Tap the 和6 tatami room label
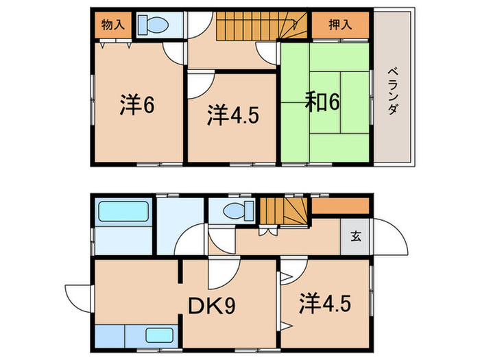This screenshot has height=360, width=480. pyautogui.click(x=322, y=103)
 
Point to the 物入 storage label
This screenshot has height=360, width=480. pyautogui.click(x=112, y=25)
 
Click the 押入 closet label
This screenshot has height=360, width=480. pyautogui.click(x=341, y=25)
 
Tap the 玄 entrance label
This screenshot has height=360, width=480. pyautogui.click(x=357, y=237)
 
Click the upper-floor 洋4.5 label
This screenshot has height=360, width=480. pyautogui.click(x=233, y=115)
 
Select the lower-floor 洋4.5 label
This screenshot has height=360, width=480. pyautogui.click(x=326, y=302)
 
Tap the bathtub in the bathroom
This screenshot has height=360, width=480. pyautogui.click(x=123, y=212)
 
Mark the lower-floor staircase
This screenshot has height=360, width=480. pyautogui.click(x=282, y=211)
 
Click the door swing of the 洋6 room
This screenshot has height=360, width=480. pyautogui.click(x=174, y=53)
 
